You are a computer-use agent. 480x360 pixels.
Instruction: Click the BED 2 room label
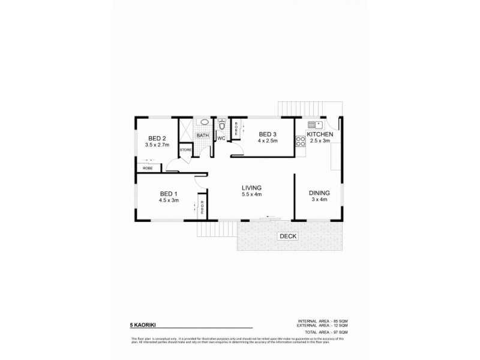pos(157,139)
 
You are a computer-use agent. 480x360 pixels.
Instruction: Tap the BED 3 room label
pos(268,134)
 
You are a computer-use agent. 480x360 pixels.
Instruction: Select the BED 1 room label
pos(169,193)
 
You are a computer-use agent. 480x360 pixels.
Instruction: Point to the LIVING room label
pos(251,187)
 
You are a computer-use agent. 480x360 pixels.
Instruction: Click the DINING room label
pos(319,193)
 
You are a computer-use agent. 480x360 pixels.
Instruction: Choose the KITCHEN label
pos(320,134)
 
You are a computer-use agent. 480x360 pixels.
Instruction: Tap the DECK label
pos(288,236)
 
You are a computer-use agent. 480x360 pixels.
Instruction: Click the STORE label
pos(185,149)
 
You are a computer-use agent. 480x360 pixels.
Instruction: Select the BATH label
pos(203,136)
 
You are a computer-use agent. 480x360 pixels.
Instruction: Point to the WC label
pos(221,139)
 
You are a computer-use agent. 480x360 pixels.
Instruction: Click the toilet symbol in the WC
pos(222,126)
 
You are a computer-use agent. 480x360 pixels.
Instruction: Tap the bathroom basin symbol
pos(203,122)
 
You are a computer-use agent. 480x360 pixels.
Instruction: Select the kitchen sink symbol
pos(314,124)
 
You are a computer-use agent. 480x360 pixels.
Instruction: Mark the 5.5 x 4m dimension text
pos(251,194)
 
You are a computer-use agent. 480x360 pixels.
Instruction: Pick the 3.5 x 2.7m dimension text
pos(157,145)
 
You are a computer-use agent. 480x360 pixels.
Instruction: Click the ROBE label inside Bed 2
pos(148,169)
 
